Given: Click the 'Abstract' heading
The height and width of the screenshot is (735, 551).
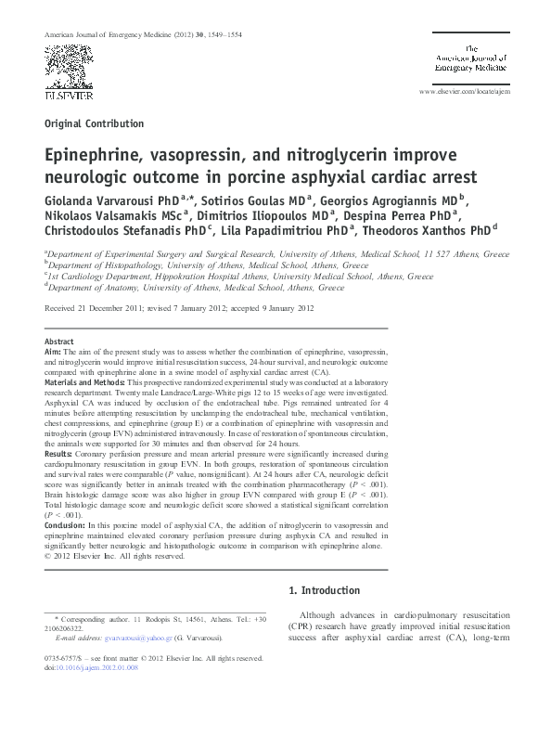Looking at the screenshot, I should (x=59, y=342).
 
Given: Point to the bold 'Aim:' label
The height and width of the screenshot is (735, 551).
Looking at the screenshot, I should (x=54, y=354).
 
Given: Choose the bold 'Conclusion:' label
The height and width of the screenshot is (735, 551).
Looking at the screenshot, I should (x=66, y=524).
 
